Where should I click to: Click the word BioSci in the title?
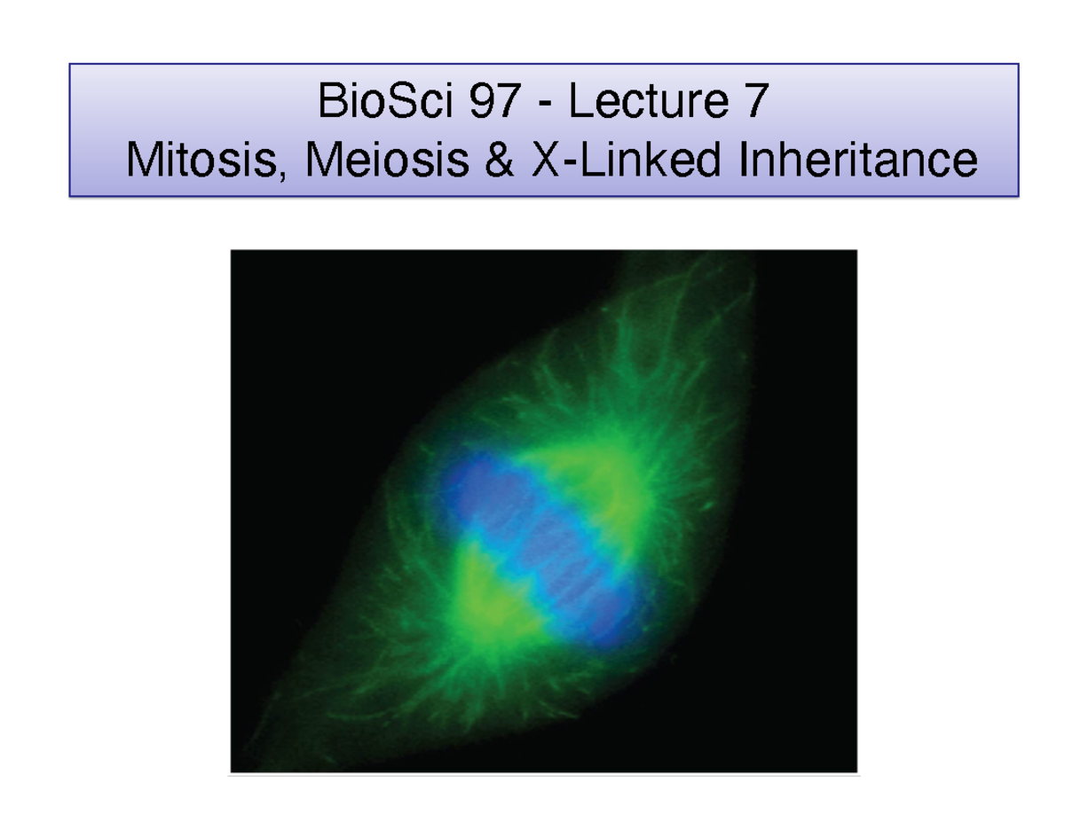coord(385,100)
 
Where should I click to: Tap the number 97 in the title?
coord(494,100)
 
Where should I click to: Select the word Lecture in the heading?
coord(649,100)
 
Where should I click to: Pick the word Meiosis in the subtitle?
coord(387,160)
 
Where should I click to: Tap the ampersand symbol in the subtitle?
coord(500,160)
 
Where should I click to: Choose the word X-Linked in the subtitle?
coord(627,160)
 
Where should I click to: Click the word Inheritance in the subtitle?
coord(858,160)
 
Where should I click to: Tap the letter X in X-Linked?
coord(547,160)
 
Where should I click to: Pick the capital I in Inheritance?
coord(744,160)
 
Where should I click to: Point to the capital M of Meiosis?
coord(322,160)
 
